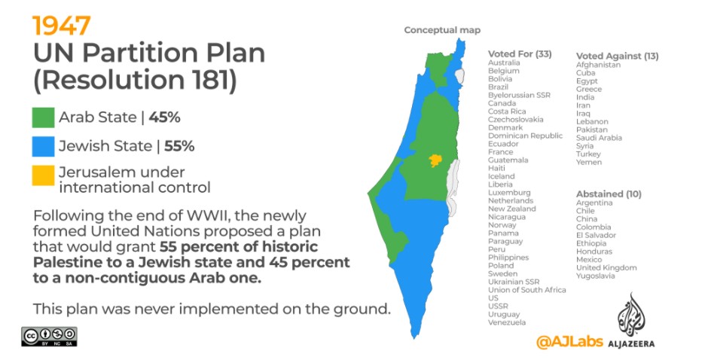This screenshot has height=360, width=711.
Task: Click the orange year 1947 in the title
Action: click(61, 26)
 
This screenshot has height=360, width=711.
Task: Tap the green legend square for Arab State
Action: click(43, 117)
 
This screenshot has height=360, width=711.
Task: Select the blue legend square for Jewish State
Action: click(43, 146)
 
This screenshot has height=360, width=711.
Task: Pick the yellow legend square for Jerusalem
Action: click(43, 175)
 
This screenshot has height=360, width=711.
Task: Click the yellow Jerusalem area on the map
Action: click(435, 160)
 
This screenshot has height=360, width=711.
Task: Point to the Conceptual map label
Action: click(442, 30)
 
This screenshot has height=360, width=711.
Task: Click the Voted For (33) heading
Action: click(520, 54)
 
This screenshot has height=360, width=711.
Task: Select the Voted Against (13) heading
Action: click(617, 56)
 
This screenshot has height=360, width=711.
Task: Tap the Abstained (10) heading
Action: click(609, 194)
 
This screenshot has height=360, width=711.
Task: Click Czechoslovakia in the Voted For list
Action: click(516, 120)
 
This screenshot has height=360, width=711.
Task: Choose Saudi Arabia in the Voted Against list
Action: click(599, 138)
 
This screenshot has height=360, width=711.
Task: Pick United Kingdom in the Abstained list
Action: click(606, 268)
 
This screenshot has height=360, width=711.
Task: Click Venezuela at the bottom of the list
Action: click(507, 323)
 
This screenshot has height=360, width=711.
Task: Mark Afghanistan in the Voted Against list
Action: click(598, 65)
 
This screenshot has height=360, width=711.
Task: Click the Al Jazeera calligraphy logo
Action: click(630, 313)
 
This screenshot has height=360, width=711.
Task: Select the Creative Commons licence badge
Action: click(49, 337)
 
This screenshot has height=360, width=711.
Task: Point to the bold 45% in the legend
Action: click(165, 117)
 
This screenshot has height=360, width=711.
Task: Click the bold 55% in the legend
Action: click(179, 146)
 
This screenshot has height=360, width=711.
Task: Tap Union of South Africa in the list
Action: click(527, 290)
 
